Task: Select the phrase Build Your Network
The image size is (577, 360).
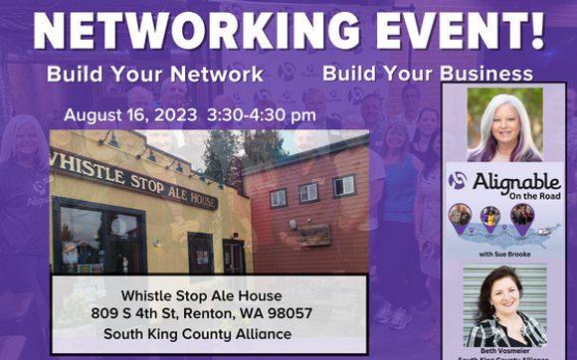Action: (x=154, y=75)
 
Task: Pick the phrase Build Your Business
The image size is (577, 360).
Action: (x=427, y=75)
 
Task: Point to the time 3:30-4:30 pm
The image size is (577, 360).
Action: (x=262, y=115)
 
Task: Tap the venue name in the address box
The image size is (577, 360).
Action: (x=202, y=295)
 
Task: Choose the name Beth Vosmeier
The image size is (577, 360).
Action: (x=504, y=350)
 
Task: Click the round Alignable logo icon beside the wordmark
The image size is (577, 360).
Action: (x=457, y=181)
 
